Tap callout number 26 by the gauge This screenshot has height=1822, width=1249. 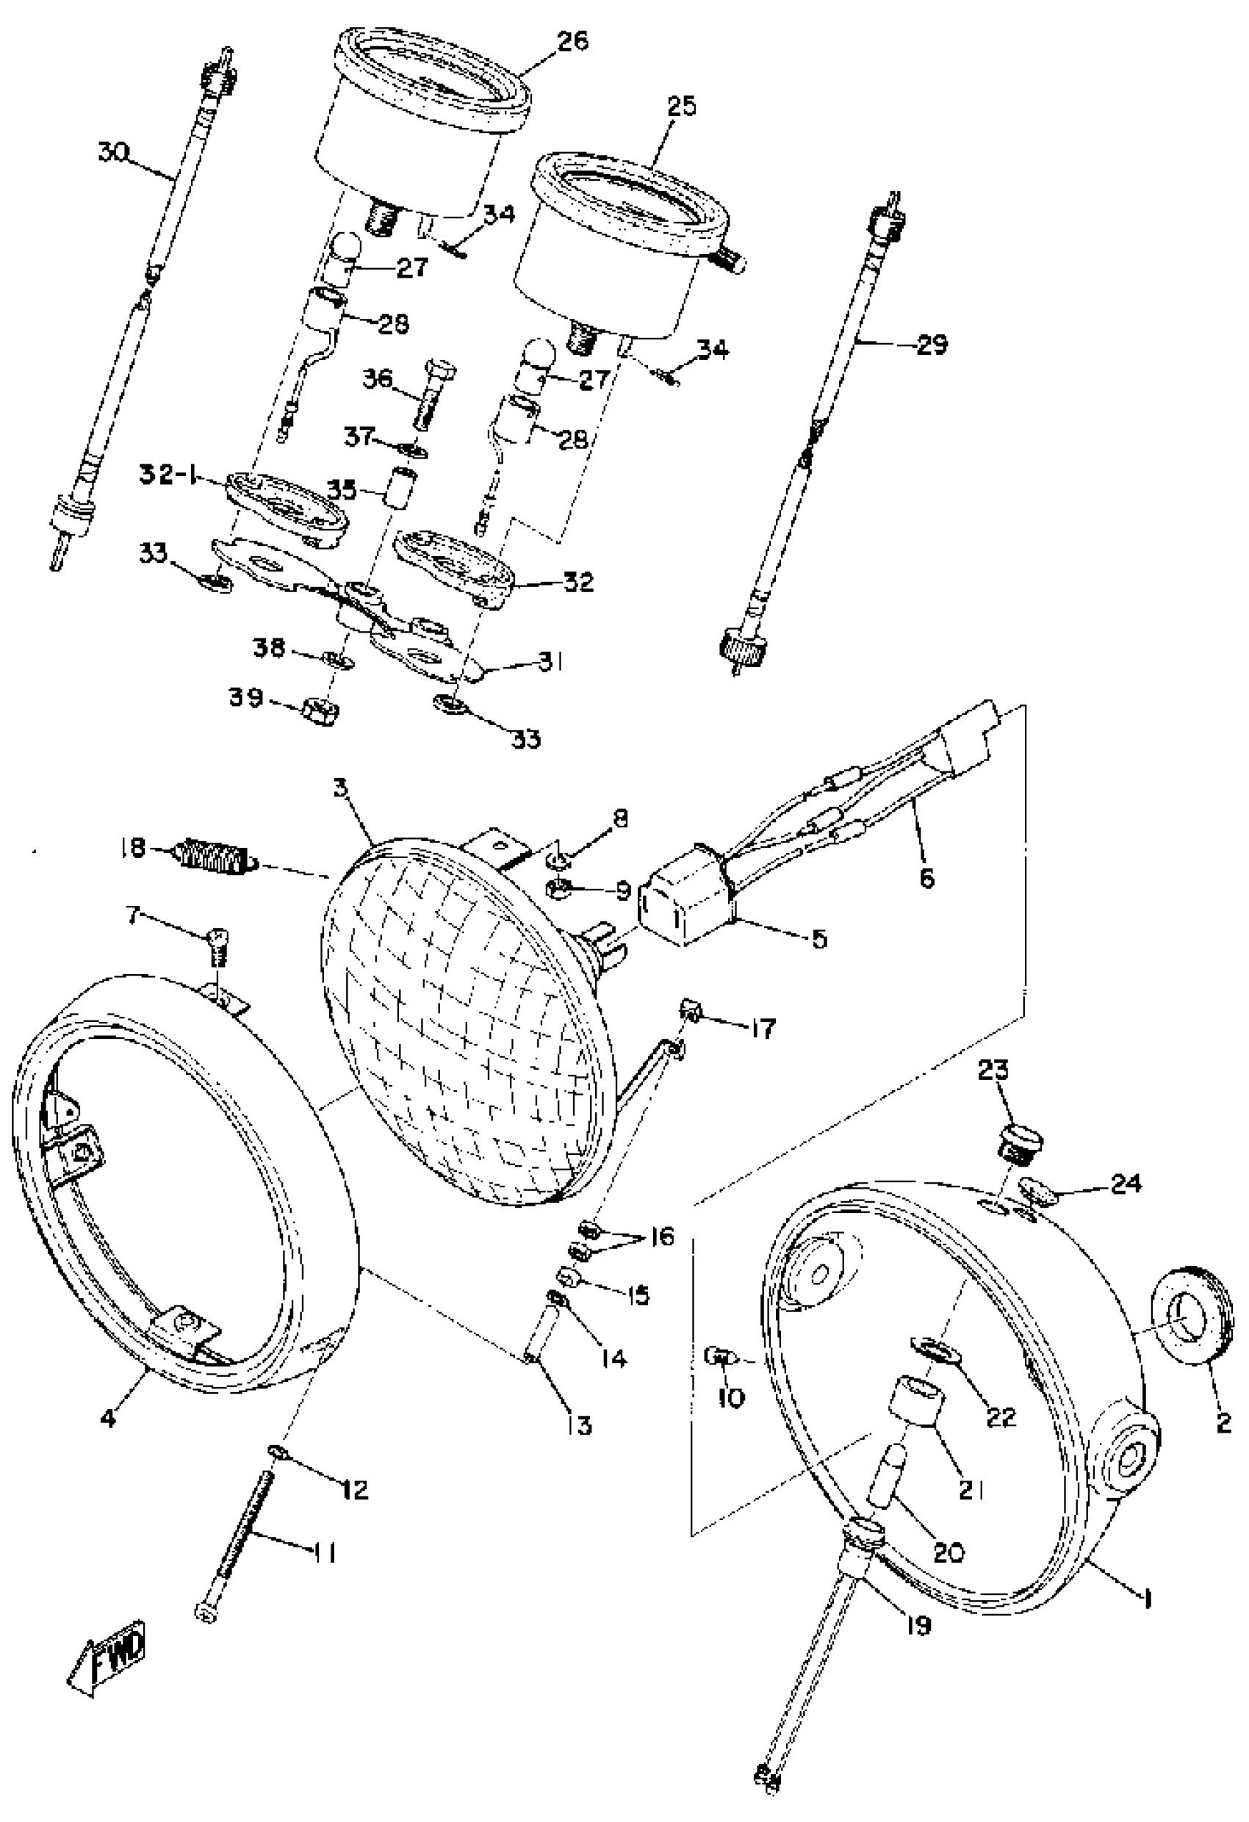573,40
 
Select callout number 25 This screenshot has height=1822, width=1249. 680,106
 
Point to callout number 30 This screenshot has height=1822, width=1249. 115,151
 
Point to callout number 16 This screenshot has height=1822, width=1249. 662,1237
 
